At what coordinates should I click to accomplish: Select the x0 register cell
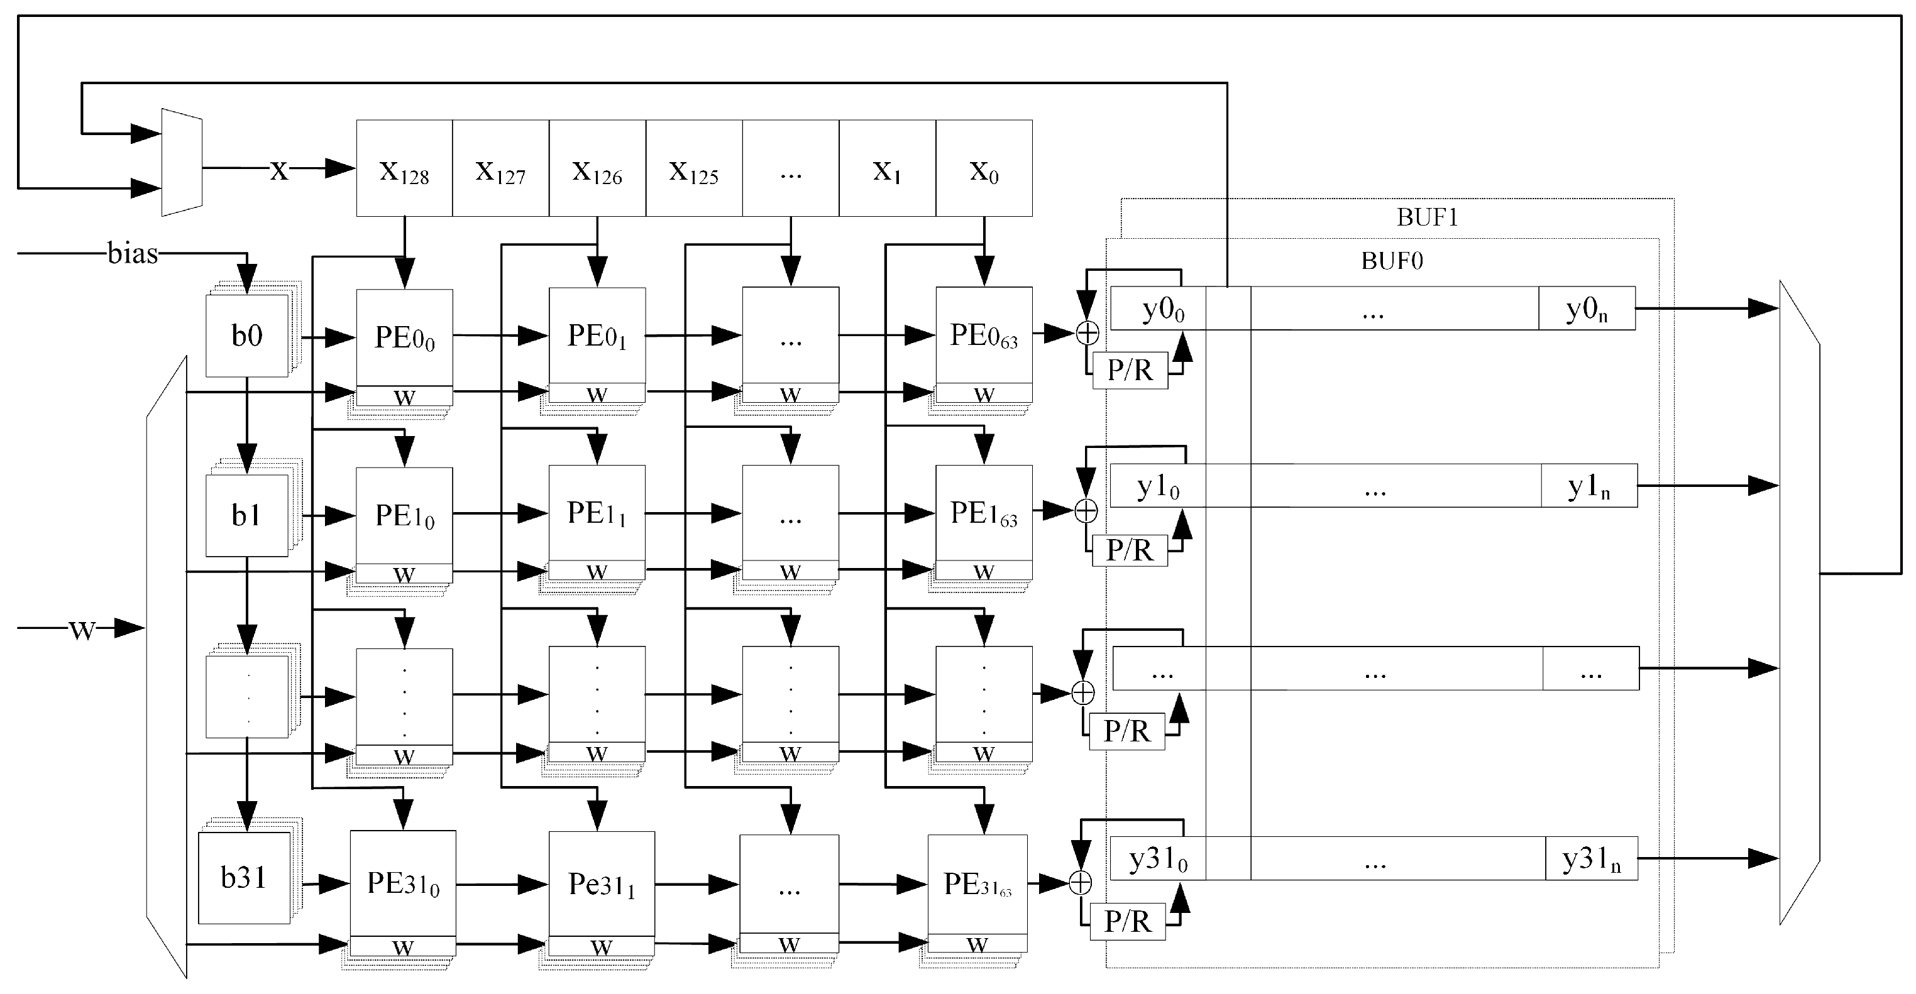pos(983,169)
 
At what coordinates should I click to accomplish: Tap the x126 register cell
pos(597,169)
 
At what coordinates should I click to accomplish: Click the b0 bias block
pos(246,336)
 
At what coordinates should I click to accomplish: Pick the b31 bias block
pos(244,877)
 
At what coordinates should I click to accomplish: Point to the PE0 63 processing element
pos(983,336)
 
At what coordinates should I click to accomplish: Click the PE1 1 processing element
pos(597,513)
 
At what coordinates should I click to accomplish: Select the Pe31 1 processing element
pos(601,884)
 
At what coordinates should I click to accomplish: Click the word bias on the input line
pos(133,253)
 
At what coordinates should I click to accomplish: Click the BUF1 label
pos(1426,217)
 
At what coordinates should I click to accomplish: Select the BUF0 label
pos(1392,261)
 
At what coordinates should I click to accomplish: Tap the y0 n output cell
pos(1586,309)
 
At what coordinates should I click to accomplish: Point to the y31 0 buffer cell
pos(1157,859)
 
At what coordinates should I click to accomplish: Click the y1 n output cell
pos(1588,486)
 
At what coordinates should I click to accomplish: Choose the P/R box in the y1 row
pos(1129,551)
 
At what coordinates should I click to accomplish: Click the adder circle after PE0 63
pos(1087,333)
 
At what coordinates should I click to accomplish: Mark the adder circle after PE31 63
pos(1080,883)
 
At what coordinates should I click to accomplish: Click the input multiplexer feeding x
pos(182,163)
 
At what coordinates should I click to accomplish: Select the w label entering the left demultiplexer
pos(82,629)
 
